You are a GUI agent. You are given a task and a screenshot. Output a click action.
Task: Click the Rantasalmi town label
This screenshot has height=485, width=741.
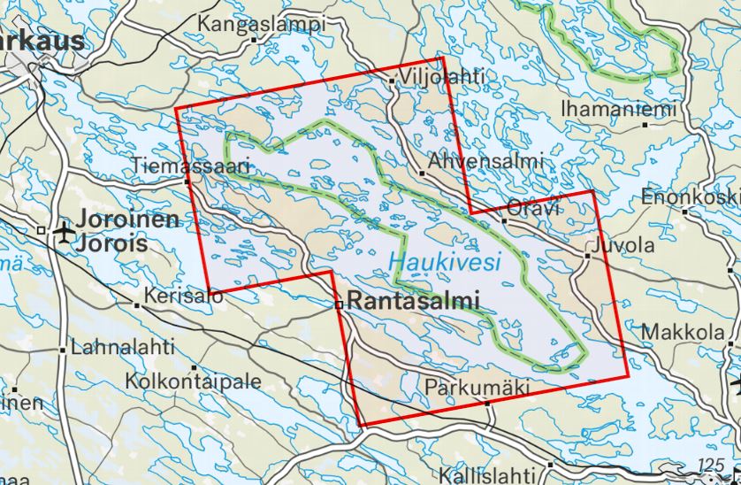(412, 301)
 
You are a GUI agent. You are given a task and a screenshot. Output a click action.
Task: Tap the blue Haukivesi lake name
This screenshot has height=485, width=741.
(444, 262)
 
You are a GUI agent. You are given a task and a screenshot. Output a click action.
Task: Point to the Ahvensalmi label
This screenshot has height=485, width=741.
(484, 162)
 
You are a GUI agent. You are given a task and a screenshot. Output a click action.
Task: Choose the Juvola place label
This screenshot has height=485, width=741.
(626, 245)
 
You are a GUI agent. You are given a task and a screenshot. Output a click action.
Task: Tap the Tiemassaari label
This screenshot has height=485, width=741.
(191, 165)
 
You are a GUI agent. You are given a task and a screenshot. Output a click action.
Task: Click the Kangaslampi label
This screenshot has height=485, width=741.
(263, 24)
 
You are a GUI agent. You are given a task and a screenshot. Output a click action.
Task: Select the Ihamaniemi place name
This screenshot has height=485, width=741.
(618, 109)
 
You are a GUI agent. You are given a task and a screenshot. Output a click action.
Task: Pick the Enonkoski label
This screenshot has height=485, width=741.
(691, 196)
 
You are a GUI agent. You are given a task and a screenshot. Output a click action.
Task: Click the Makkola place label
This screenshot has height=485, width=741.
(683, 332)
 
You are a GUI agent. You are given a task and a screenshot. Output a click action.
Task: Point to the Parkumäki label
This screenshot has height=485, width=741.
(477, 388)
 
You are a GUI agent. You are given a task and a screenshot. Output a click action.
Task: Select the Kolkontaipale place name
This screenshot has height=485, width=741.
(194, 381)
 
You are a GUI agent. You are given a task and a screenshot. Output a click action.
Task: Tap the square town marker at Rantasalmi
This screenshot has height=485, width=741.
(339, 304)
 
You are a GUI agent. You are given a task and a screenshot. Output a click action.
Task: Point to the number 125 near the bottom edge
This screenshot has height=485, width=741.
(710, 466)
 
